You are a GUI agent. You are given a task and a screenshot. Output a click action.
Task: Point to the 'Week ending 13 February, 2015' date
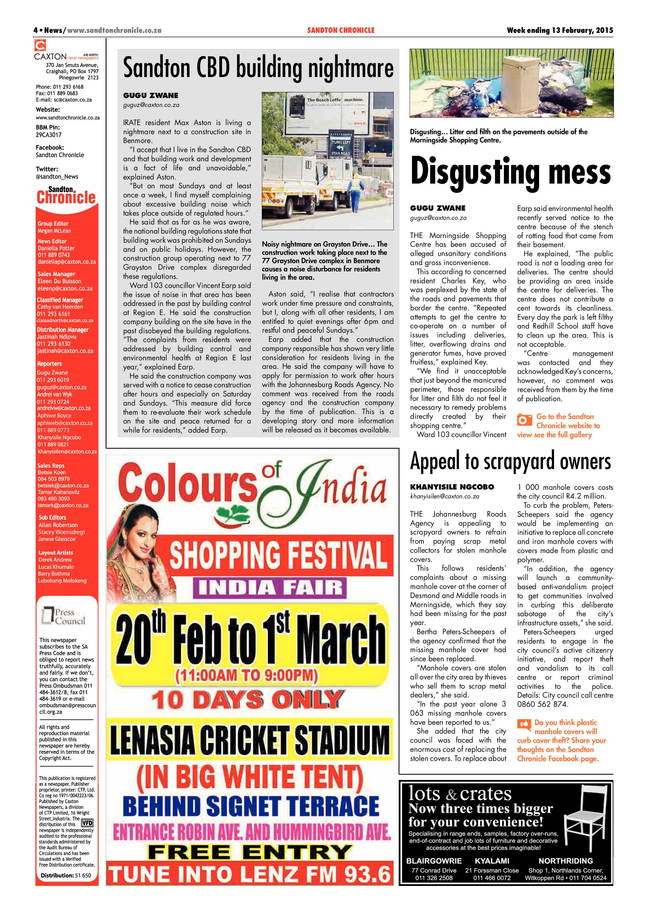pos(560,30)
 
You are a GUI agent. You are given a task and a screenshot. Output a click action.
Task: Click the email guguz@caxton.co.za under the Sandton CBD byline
pos(151,105)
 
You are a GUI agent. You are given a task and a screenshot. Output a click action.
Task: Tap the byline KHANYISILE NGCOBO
pos(452,487)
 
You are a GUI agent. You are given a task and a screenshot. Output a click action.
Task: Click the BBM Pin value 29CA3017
pos(49,135)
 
